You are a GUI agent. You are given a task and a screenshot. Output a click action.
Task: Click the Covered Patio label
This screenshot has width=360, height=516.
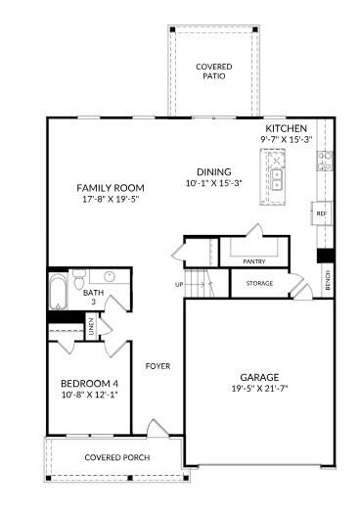click(214, 71)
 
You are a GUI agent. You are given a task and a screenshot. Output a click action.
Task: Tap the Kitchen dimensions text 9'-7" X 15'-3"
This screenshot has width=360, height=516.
click(286, 139)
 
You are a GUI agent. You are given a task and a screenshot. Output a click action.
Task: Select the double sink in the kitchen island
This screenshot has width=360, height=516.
click(277, 180)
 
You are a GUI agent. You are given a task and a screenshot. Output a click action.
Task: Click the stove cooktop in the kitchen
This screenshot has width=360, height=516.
click(325, 161)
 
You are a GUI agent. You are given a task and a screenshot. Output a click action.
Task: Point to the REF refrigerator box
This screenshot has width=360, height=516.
click(322, 213)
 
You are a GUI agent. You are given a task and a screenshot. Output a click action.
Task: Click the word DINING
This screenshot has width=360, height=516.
click(213, 171)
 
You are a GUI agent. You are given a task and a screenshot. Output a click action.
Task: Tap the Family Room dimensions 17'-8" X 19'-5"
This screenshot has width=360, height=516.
click(111, 199)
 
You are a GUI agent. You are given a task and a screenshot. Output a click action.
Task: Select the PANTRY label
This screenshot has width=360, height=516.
click(253, 261)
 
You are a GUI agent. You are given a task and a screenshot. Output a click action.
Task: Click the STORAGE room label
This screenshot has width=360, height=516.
click(259, 283)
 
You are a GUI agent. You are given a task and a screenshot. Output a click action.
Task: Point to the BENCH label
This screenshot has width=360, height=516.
click(328, 280)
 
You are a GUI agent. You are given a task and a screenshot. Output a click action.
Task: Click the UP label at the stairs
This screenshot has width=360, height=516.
click(179, 285)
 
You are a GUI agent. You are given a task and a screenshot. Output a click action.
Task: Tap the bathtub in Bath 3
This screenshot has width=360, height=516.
click(58, 292)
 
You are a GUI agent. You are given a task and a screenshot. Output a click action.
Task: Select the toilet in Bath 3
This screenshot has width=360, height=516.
click(79, 279)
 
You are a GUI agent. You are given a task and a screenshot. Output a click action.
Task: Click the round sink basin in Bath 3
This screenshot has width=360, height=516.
click(110, 276)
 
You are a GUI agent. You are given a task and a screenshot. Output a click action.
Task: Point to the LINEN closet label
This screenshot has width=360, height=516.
click(91, 326)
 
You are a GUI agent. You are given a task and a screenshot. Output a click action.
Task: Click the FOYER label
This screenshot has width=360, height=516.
click(157, 366)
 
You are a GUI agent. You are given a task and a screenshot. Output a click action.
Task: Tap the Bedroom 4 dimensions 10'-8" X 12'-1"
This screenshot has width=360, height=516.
click(89, 395)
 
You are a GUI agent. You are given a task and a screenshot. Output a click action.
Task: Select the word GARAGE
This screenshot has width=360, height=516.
click(259, 378)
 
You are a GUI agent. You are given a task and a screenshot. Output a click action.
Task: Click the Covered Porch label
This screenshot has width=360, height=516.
click(117, 457)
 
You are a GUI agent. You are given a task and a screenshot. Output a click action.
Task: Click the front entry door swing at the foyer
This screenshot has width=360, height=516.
click(157, 429)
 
